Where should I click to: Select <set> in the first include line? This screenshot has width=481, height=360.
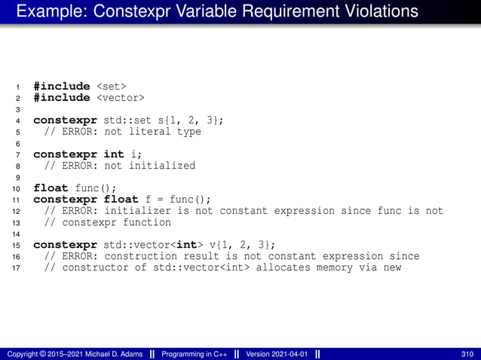tap(111, 86)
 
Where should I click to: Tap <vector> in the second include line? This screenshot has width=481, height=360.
tap(120, 97)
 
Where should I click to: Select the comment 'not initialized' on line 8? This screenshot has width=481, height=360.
tap(150, 165)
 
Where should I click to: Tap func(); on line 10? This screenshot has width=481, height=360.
tap(98, 188)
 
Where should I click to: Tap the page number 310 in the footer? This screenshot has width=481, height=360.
tap(467, 354)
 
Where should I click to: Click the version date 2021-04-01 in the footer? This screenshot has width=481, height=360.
tap(290, 354)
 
